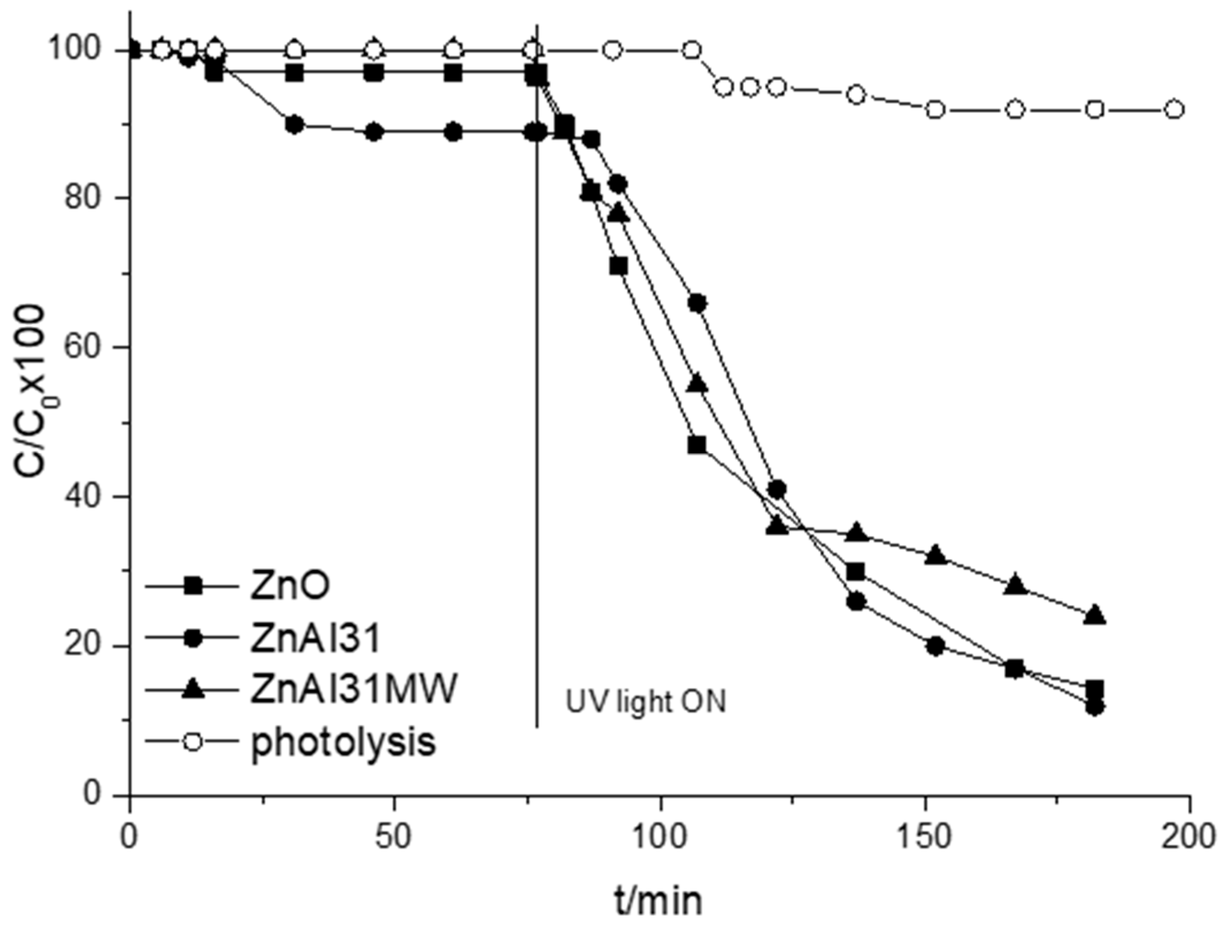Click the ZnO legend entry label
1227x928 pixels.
tap(290, 587)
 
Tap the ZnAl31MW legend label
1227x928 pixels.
tap(354, 690)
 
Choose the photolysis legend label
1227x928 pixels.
tap(343, 742)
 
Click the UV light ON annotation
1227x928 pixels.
tap(645, 703)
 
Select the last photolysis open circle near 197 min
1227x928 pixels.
tap(1173, 110)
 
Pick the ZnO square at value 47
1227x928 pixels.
tap(697, 445)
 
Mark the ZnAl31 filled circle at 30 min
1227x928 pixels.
tap(295, 125)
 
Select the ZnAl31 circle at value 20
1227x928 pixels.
tap(935, 646)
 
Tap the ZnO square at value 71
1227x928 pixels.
tap(618, 266)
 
